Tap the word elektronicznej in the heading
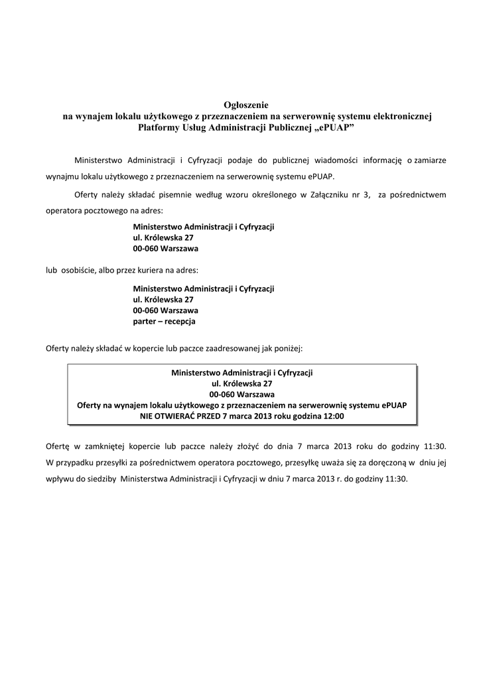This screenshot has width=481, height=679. tap(396, 116)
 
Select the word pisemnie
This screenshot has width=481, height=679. tap(167, 195)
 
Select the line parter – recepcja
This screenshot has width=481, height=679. tap(165, 322)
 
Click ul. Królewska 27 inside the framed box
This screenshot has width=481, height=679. tap(241, 383)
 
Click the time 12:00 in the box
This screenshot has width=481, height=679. tap(333, 416)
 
